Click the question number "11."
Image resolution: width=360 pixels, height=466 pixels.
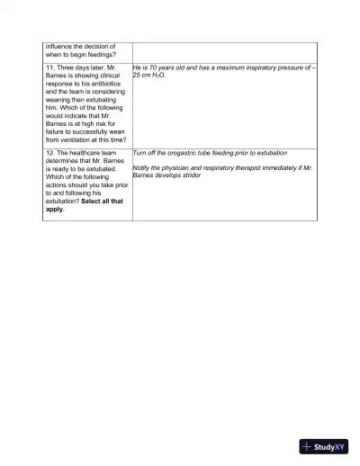pyautogui.click(x=51, y=67)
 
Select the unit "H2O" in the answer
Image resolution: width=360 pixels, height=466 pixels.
pyautogui.click(x=157, y=76)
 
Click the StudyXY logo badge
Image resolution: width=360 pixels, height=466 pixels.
pyautogui.click(x=324, y=446)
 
